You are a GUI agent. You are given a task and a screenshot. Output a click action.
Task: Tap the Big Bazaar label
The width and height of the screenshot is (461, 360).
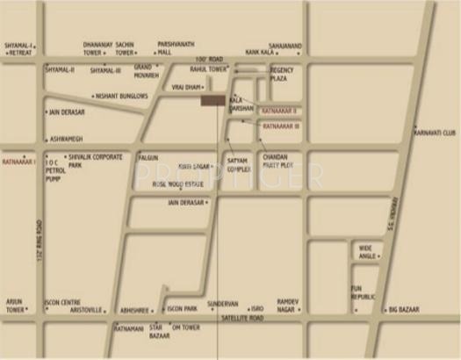(x=407, y=309)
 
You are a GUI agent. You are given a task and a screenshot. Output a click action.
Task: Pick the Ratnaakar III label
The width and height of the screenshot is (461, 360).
(x=281, y=126)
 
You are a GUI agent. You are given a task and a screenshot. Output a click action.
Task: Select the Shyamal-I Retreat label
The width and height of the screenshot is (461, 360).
(x=18, y=49)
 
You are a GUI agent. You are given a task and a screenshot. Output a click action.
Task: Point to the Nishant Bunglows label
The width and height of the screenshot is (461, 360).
(x=122, y=96)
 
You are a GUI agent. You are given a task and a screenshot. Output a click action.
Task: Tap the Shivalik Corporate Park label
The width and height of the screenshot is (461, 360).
(x=95, y=161)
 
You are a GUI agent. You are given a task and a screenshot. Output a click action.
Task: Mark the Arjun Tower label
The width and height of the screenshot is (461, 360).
(x=14, y=305)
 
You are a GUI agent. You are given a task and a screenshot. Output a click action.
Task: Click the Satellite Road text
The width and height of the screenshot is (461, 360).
(x=244, y=318)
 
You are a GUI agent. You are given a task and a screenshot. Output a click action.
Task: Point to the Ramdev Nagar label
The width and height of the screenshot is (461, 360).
(x=289, y=305)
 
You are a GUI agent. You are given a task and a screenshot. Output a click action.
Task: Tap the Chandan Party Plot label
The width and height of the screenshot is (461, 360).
(x=277, y=161)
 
